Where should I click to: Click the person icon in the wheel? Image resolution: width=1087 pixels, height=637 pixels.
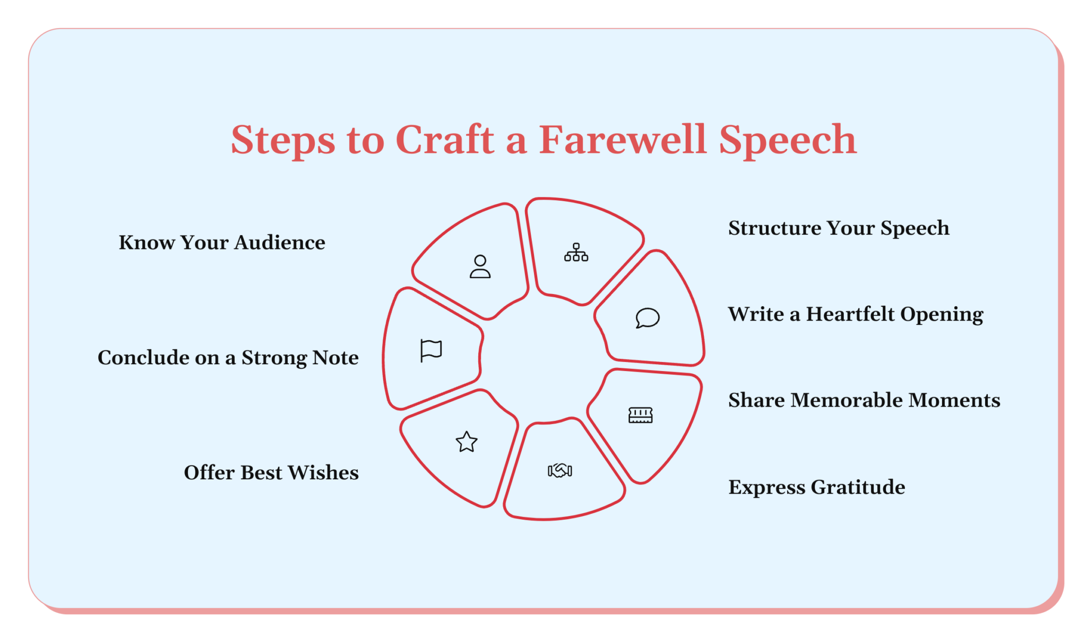click(480, 266)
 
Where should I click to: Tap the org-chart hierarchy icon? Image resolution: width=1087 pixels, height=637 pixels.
click(576, 252)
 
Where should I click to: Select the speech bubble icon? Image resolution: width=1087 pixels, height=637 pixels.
click(648, 318)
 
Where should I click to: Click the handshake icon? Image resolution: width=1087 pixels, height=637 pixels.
click(559, 470)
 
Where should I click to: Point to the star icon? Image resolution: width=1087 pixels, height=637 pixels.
click(467, 442)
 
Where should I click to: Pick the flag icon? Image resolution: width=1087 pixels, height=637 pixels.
click(431, 350)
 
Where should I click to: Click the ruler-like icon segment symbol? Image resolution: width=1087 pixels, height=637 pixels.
click(640, 415)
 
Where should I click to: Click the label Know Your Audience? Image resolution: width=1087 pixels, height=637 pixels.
click(222, 243)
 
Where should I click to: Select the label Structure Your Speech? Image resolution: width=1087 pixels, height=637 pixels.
click(839, 228)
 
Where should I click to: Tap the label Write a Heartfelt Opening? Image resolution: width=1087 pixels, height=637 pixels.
click(855, 314)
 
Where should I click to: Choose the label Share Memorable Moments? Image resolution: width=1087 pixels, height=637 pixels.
click(864, 400)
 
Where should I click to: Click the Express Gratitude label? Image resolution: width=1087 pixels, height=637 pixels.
click(816, 487)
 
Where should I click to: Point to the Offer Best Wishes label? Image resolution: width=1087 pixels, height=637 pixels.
click(271, 472)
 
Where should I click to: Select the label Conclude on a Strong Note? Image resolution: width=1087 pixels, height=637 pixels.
click(228, 358)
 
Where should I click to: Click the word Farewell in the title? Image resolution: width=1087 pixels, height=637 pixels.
click(623, 140)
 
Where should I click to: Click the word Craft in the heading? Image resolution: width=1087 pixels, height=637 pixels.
click(445, 140)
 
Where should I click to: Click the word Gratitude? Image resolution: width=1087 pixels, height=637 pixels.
click(858, 487)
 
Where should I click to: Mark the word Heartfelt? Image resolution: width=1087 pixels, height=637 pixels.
click(850, 314)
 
